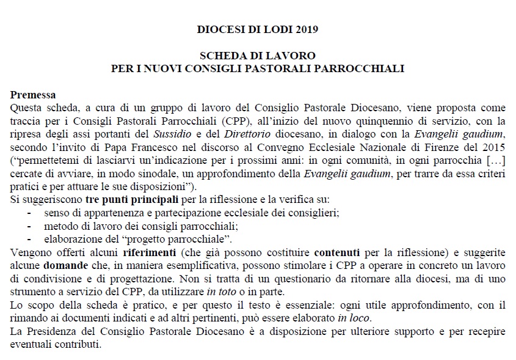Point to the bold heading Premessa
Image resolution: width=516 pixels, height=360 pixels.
pos(33,95)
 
